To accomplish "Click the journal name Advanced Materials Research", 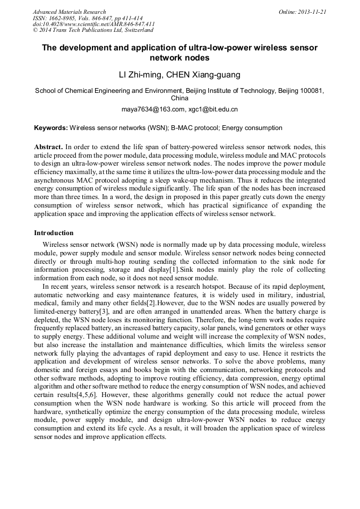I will (69, 12).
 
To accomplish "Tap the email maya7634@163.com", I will (153, 109).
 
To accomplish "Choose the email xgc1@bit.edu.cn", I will (213, 109).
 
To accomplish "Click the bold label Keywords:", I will (50, 128).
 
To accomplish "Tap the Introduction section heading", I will (54, 233).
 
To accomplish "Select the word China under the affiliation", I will (179, 98).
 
